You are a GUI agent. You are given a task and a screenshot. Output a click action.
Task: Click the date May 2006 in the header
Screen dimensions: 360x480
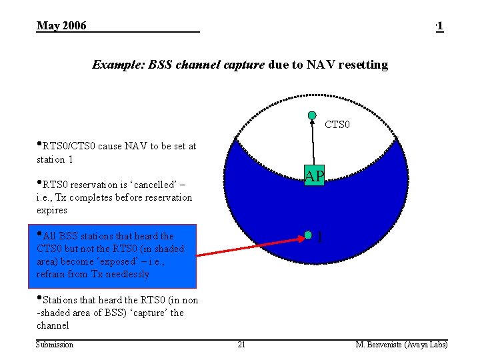61,26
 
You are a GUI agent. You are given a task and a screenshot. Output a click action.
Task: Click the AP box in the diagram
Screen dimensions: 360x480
314,175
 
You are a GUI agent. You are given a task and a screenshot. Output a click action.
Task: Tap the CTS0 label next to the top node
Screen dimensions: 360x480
337,125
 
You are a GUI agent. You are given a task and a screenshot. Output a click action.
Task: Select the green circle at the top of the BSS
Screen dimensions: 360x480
312,115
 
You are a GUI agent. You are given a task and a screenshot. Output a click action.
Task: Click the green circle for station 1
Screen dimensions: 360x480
308,235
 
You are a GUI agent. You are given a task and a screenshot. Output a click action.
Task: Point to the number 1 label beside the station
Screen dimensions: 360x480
321,237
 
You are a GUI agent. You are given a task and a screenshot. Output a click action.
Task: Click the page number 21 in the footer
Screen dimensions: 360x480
241,345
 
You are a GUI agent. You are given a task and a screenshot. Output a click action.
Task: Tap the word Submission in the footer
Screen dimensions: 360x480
55,345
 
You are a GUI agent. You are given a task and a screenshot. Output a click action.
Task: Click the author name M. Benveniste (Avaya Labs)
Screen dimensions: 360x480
401,345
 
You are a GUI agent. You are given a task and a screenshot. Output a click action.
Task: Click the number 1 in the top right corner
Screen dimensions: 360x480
440,26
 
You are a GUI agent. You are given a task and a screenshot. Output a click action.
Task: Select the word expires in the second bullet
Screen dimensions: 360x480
52,210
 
